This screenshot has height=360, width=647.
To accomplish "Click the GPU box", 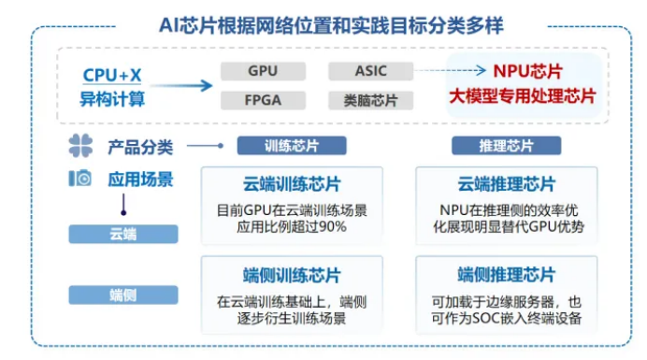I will pyautogui.click(x=263, y=71).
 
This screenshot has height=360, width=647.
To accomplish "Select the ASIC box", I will pyautogui.click(x=371, y=71).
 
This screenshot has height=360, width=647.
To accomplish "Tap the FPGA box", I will pyautogui.click(x=263, y=99).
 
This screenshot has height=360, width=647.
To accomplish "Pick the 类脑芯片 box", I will pyautogui.click(x=371, y=99).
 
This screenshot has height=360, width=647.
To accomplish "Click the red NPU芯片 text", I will pyautogui.click(x=527, y=71).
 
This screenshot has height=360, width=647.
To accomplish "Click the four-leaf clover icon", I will pyautogui.click(x=80, y=146).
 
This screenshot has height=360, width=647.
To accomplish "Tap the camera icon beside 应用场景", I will pyautogui.click(x=80, y=178).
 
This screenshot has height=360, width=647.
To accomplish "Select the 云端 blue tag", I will pyautogui.click(x=122, y=235).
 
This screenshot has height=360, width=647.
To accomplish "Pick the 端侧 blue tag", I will pyautogui.click(x=122, y=295).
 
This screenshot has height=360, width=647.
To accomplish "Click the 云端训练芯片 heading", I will pyautogui.click(x=292, y=183).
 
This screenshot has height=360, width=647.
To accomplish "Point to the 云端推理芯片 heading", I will pyautogui.click(x=506, y=183).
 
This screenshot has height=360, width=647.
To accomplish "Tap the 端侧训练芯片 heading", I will pyautogui.click(x=292, y=275).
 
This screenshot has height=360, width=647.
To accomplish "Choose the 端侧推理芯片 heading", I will pyautogui.click(x=506, y=275).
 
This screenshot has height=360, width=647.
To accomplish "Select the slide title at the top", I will pyautogui.click(x=323, y=23).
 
